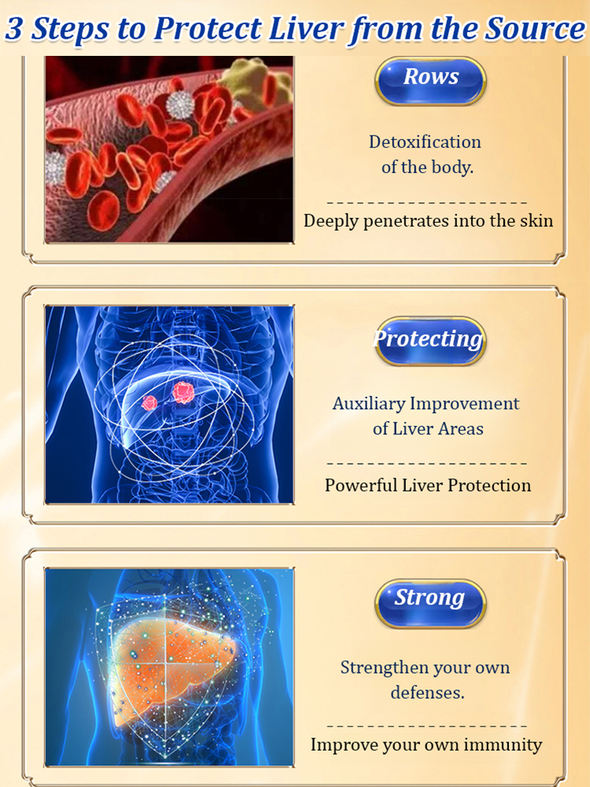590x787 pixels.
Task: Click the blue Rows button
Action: coord(430,80)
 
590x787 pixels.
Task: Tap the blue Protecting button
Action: coord(430,341)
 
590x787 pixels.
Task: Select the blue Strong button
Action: coord(430,604)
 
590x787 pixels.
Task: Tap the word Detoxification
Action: coord(425,142)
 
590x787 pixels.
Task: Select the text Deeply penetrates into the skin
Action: coord(428,221)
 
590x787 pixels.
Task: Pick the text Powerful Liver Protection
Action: coord(427,486)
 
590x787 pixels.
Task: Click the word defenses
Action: coord(427,693)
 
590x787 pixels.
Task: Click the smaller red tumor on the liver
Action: coord(149,402)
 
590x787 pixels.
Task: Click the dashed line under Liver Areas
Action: coord(427,464)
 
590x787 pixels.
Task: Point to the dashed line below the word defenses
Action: coord(427,726)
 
